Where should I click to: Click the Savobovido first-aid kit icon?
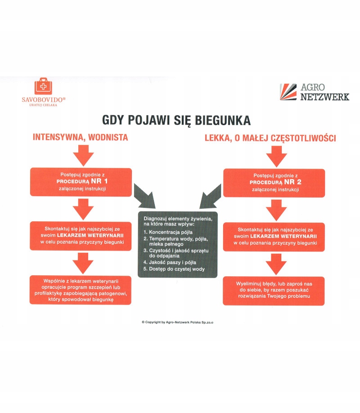click(43, 86)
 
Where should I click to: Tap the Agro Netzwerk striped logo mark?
click(288, 92)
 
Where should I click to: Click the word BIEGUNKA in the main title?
click(219, 121)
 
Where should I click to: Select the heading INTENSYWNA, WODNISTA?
click(81, 138)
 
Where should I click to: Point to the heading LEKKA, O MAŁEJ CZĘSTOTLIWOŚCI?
click(270, 139)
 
